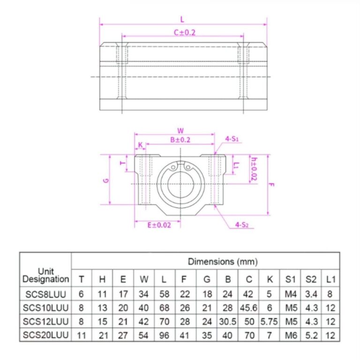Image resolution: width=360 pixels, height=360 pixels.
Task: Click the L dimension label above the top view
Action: tap(182, 19)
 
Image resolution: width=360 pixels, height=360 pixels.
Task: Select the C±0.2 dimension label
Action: tap(185, 33)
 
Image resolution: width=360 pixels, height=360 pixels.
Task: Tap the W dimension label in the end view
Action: tap(180, 131)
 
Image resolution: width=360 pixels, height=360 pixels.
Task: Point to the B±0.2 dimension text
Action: tap(180, 140)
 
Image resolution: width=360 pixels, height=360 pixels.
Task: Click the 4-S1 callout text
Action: tap(232, 139)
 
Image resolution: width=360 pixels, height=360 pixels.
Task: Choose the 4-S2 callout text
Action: tap(242, 225)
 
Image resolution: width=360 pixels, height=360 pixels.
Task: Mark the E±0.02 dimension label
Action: tap(159, 225)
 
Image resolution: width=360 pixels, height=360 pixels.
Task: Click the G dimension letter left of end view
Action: tap(106, 180)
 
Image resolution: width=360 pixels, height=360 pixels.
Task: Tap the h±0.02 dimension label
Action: tap(254, 169)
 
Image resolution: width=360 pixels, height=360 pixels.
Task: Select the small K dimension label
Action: tap(140, 145)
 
